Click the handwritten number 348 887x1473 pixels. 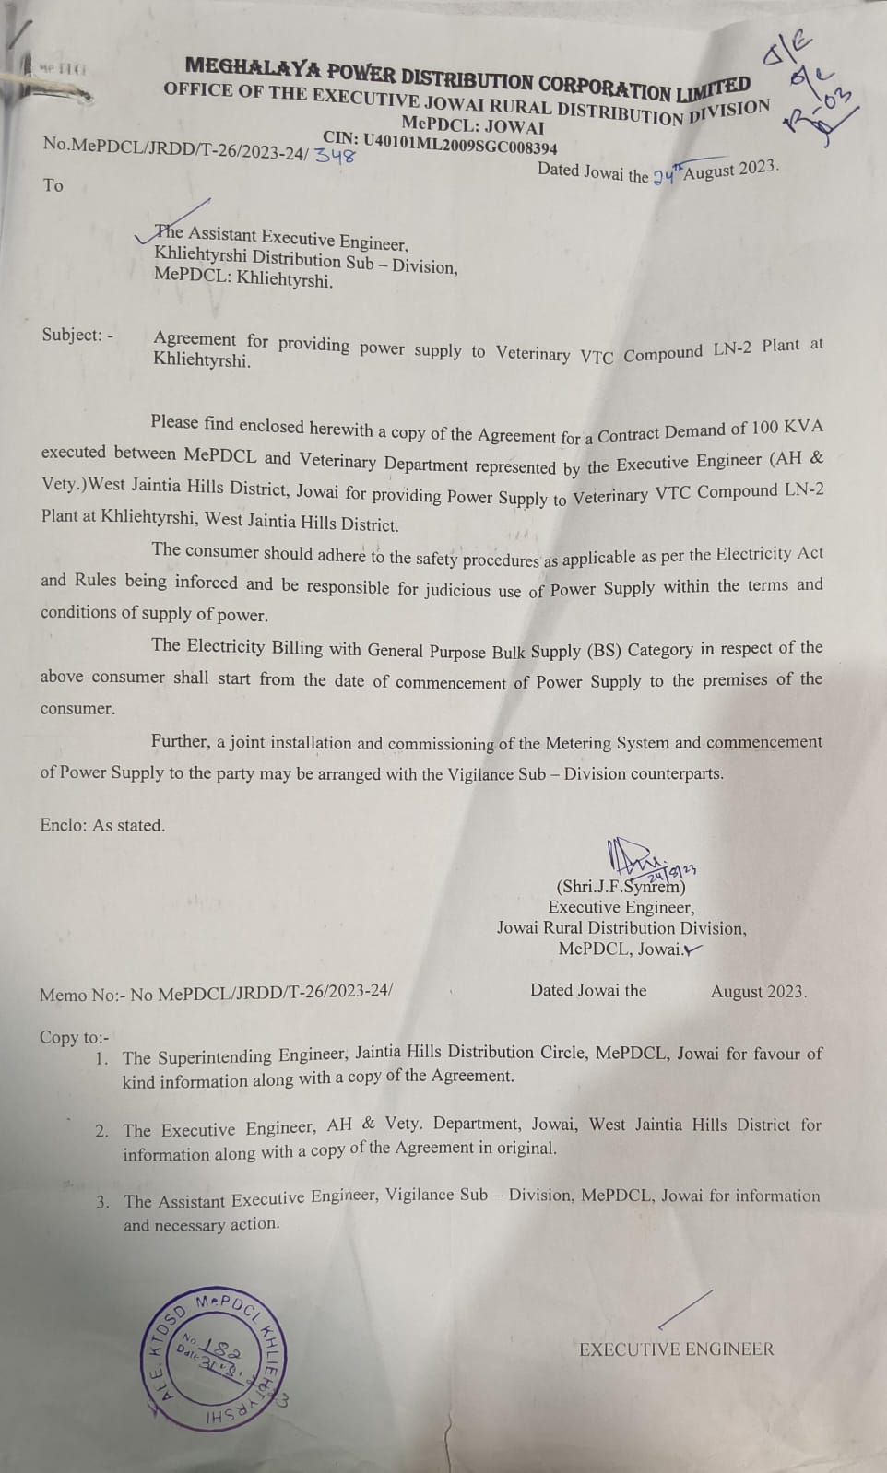(x=335, y=156)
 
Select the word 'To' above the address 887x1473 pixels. (x=53, y=185)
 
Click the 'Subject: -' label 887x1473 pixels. (x=77, y=335)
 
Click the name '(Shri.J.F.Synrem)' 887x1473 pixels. (x=621, y=887)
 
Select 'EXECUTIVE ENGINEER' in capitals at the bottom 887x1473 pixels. (x=676, y=1349)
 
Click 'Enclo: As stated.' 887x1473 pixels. (x=102, y=825)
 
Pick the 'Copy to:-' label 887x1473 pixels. (x=74, y=1037)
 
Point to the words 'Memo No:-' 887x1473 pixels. (x=81, y=996)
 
